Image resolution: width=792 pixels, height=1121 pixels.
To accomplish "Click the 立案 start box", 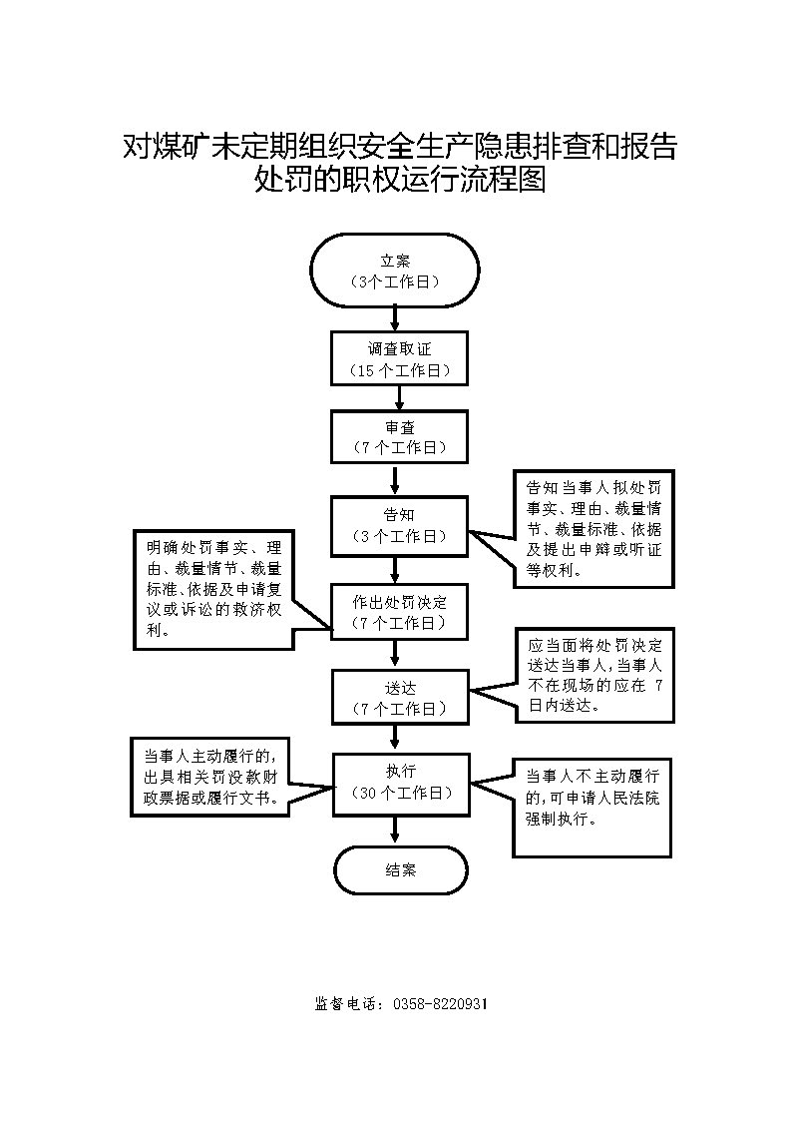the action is coord(395,271).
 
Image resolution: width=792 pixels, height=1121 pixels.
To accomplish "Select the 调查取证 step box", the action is coord(399,358).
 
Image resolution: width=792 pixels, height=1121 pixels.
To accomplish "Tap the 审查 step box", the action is coord(399,437).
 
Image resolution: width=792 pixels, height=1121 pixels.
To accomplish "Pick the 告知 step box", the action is coord(399,525).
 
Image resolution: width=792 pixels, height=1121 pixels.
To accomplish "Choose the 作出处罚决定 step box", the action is coord(399,612).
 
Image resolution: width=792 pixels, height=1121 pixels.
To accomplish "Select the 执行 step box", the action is coord(401,784).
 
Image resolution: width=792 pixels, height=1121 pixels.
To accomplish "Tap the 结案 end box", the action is coord(401,870).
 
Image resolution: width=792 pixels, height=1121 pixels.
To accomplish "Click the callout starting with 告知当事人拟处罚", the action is coord(594,529).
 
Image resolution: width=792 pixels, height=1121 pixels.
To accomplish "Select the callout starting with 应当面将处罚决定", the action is coord(594,676).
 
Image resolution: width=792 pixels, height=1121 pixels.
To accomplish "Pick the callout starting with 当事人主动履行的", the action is coord(210,778).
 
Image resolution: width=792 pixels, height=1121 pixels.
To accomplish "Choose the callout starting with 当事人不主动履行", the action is coord(593,808).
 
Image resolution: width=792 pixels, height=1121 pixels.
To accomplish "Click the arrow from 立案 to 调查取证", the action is coord(395,318).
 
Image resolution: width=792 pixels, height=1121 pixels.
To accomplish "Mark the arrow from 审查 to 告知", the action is coord(395,480).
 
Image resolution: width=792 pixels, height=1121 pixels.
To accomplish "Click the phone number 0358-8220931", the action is coord(441,1004).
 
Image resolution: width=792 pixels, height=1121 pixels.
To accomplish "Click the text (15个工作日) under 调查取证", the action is coord(400,371).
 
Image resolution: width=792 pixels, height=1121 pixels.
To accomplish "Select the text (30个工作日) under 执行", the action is coord(402,793).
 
